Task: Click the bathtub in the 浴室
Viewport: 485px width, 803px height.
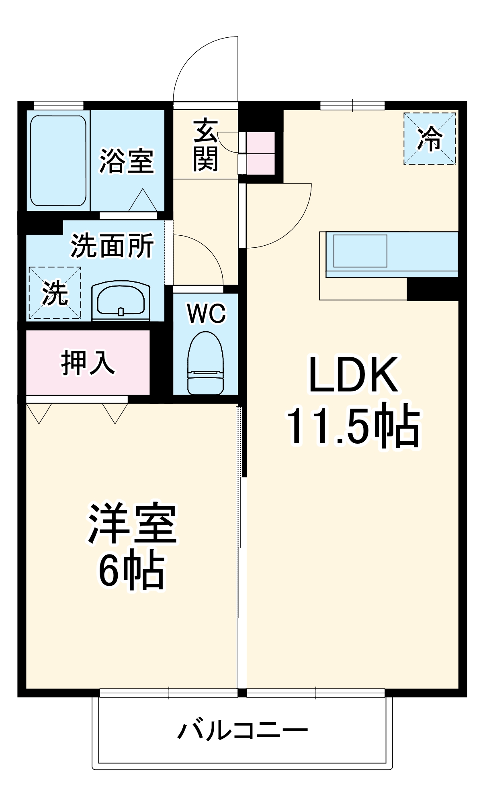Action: click(x=59, y=161)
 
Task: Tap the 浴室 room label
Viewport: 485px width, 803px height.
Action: click(x=127, y=161)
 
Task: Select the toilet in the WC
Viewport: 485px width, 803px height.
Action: click(x=205, y=363)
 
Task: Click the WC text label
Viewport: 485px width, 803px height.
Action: click(x=206, y=314)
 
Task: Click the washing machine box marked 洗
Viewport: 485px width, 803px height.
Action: click(x=55, y=293)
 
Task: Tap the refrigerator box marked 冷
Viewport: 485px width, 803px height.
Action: click(x=430, y=139)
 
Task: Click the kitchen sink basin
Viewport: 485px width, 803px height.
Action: click(x=360, y=251)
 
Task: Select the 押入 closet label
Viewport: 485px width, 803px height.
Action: click(x=88, y=363)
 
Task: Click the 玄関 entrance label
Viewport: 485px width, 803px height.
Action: click(x=205, y=145)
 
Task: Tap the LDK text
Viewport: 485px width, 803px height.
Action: click(x=354, y=375)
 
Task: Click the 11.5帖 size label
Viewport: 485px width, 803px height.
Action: click(x=353, y=426)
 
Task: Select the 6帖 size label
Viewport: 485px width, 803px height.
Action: click(x=131, y=571)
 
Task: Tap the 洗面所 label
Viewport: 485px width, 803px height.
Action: click(x=112, y=245)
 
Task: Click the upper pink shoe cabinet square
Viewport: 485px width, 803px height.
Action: click(x=261, y=143)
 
